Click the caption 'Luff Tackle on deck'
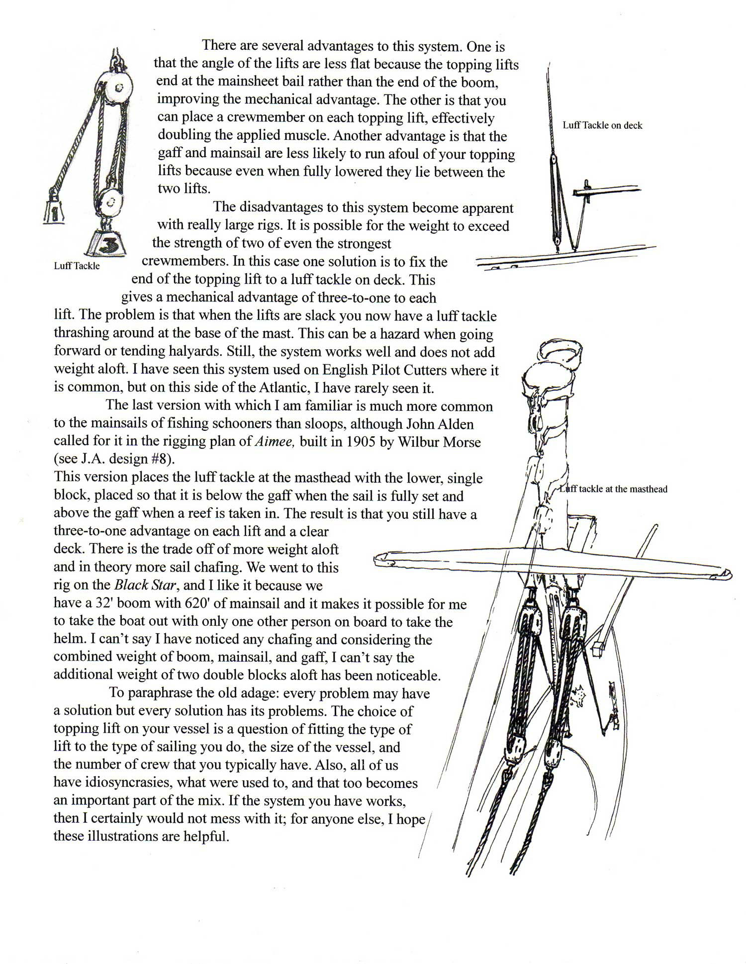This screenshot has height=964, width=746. click(602, 125)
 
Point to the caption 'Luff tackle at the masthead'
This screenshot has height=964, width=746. click(613, 489)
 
